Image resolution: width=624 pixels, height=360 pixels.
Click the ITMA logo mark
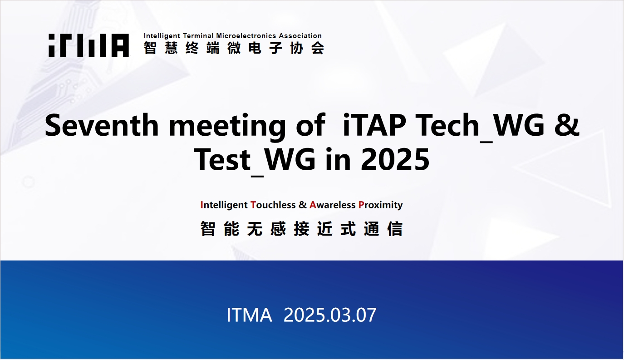pyautogui.click(x=88, y=45)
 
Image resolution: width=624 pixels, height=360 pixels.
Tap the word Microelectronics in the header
pyautogui.click(x=246, y=36)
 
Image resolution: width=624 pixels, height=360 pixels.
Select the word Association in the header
pyautogui.click(x=300, y=36)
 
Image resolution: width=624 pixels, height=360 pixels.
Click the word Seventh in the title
pyautogui.click(x=102, y=125)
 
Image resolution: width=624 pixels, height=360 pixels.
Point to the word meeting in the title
pyautogui.click(x=227, y=127)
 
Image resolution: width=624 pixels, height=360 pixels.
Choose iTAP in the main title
pyautogui.click(x=374, y=125)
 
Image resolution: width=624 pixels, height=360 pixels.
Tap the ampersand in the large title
pyautogui.click(x=567, y=125)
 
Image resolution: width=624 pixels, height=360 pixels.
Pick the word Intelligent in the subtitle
pyautogui.click(x=224, y=205)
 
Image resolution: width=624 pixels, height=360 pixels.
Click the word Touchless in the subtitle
pyautogui.click(x=273, y=205)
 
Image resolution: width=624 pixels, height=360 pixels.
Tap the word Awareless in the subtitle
pyautogui.click(x=333, y=205)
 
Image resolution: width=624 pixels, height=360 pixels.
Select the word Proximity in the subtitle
pyautogui.click(x=381, y=205)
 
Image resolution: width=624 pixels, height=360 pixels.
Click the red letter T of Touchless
pyautogui.click(x=253, y=205)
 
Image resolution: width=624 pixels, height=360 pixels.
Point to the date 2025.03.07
pyautogui.click(x=330, y=315)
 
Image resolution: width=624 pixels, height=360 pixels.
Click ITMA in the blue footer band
pyautogui.click(x=249, y=315)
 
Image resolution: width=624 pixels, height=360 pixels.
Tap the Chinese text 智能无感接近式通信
pyautogui.click(x=301, y=229)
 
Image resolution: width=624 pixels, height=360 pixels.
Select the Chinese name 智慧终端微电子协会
pyautogui.click(x=234, y=48)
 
